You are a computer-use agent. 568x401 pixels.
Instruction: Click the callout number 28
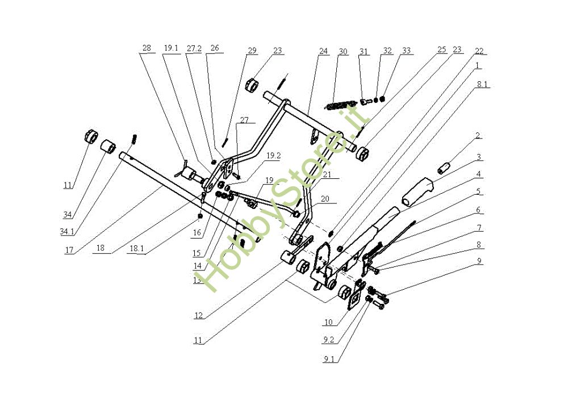(x=147, y=48)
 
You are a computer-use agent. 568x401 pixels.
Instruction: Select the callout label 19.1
(x=171, y=48)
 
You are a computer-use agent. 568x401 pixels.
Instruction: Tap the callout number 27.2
(x=194, y=48)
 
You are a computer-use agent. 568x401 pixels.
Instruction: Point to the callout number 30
(x=343, y=52)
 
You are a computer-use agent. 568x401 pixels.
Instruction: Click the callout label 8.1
(x=482, y=85)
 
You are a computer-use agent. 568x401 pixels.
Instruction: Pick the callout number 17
(x=69, y=249)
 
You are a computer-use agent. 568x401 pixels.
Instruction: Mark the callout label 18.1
(x=136, y=249)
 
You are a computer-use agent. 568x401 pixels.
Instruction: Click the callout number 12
(x=198, y=315)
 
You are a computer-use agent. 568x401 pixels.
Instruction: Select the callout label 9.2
(x=328, y=340)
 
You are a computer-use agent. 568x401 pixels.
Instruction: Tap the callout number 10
(x=328, y=321)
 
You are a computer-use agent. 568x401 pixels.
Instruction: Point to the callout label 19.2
(x=274, y=156)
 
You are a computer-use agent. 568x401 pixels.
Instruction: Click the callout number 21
(x=327, y=174)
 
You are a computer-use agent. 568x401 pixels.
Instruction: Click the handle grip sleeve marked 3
(x=417, y=191)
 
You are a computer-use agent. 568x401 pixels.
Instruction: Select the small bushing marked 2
(x=443, y=169)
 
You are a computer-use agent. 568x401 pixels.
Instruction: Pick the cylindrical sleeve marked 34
(x=107, y=147)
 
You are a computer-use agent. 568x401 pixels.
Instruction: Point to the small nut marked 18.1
(x=199, y=216)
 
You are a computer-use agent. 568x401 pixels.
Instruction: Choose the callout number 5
(x=478, y=191)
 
